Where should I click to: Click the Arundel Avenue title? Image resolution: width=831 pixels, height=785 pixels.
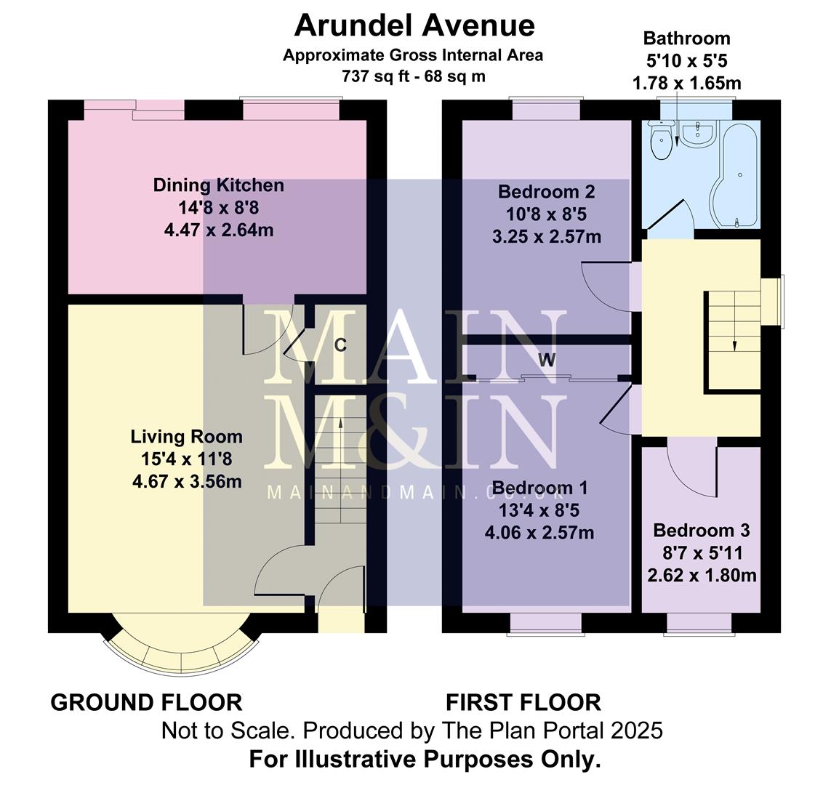[414, 25]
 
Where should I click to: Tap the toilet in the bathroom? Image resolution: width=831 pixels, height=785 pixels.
[662, 142]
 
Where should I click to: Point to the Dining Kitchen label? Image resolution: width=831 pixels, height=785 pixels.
[218, 185]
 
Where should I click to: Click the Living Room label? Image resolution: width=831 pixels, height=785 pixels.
[186, 437]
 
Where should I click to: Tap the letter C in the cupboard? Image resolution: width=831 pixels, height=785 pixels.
[340, 345]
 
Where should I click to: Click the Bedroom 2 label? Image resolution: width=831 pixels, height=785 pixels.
[546, 192]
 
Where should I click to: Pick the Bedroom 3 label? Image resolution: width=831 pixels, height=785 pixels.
[701, 531]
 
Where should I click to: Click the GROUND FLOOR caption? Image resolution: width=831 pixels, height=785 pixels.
[146, 703]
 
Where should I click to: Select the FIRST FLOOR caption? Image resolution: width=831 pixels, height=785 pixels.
[523, 703]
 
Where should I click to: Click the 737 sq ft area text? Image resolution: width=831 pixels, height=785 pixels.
[378, 75]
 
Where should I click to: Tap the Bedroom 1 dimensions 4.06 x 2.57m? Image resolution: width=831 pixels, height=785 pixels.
[539, 533]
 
